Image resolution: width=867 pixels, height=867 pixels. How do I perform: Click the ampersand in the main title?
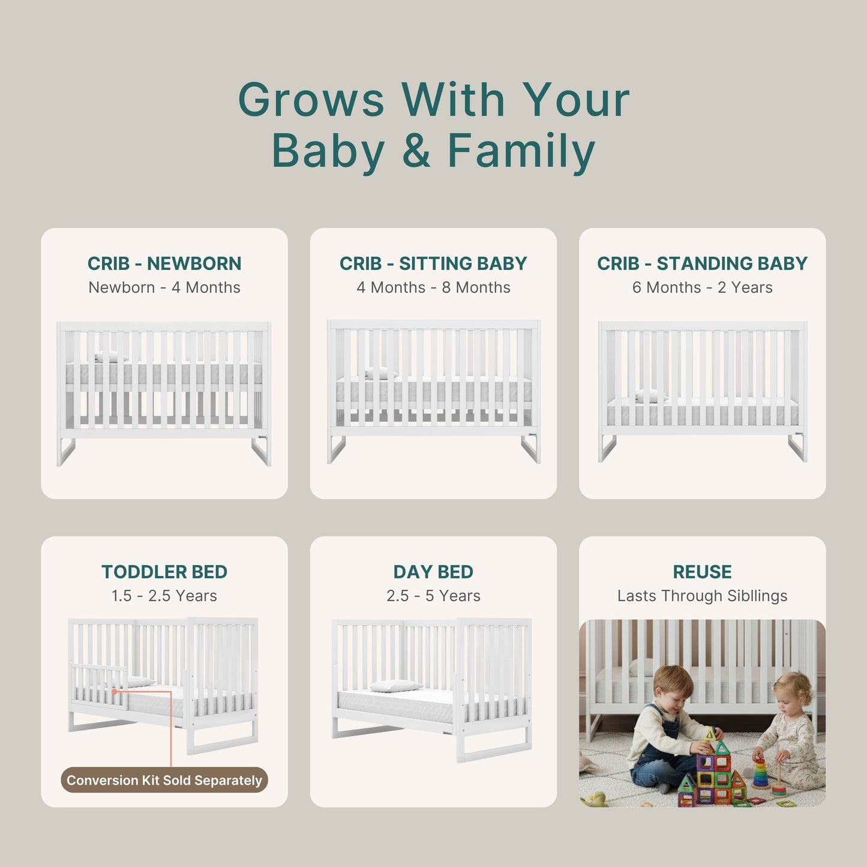click(416, 151)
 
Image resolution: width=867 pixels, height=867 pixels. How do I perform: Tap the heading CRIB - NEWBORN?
click(164, 263)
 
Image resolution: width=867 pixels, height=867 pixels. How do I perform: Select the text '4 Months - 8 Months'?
click(433, 287)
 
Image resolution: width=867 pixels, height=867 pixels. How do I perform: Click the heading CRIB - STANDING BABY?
click(702, 263)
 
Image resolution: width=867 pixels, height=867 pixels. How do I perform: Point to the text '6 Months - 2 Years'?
click(702, 287)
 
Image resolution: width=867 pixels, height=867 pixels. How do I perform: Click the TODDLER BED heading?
click(164, 572)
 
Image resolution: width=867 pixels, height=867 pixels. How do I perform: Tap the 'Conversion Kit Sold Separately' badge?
click(164, 780)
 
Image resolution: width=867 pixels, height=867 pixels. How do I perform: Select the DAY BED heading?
click(433, 572)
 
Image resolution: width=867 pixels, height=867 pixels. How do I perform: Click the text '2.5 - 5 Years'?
click(433, 596)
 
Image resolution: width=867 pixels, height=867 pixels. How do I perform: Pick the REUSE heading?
click(702, 572)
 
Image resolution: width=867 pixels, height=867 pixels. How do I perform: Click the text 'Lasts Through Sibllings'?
click(702, 596)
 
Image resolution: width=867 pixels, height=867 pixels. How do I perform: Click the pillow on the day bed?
click(396, 686)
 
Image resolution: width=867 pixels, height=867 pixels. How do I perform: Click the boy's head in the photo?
click(673, 687)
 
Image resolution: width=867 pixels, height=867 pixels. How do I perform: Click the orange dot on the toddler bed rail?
click(115, 691)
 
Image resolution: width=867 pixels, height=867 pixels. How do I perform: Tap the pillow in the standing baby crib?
click(650, 396)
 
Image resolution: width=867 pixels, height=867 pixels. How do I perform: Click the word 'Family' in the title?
click(521, 151)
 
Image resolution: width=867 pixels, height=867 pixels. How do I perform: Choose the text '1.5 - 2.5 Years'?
click(164, 596)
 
